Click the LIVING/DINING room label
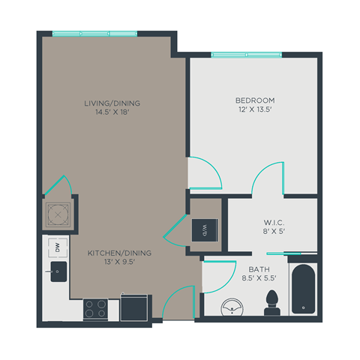click(112, 103)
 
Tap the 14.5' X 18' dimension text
click(112, 113)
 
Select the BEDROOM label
click(255, 100)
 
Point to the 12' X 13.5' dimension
click(255, 109)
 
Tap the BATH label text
click(249, 268)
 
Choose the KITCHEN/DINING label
click(120, 253)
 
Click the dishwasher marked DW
click(56, 247)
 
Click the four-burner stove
click(95, 307)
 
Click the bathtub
click(303, 289)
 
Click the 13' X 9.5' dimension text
click(120, 263)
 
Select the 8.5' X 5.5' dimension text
click(249, 277)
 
